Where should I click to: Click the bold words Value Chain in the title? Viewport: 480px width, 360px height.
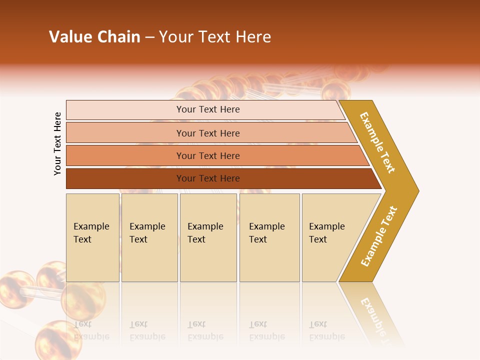point(94,37)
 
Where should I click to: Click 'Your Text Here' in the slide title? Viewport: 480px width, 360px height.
point(215,37)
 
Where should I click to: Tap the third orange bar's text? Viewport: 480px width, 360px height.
point(208,155)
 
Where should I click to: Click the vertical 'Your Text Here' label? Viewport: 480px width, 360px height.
point(57,144)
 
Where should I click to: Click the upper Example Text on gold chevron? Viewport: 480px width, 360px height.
point(377,143)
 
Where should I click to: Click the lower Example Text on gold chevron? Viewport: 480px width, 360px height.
point(379,236)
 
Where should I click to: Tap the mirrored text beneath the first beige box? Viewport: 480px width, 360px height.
point(91,330)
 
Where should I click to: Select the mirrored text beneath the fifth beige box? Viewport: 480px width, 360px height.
point(327,330)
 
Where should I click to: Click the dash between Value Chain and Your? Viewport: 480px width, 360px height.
point(149,37)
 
